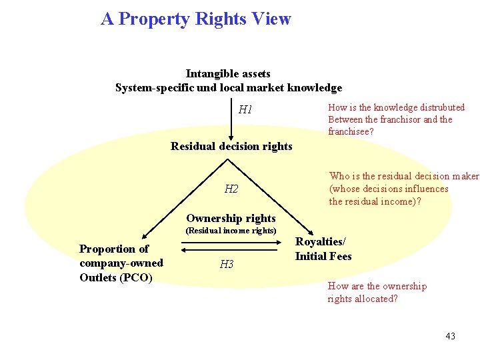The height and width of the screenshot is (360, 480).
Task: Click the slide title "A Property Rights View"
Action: pos(196,19)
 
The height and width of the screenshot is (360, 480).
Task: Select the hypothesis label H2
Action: pos(231,189)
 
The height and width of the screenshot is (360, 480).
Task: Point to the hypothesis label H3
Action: pos(227,265)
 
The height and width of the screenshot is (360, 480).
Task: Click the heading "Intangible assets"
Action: pos(228,73)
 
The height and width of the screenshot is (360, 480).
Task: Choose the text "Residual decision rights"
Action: pos(231,146)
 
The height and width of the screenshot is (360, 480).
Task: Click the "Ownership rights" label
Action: pos(231,218)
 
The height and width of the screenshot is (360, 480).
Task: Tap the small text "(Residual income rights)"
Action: pos(231,231)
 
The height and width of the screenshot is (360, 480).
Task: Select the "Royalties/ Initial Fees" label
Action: pos(323,249)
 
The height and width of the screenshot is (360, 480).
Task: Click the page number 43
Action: pos(450,336)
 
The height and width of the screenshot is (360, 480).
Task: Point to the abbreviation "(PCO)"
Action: pos(137,277)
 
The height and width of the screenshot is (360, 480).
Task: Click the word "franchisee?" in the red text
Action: pos(351,132)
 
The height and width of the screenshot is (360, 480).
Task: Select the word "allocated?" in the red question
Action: pos(376,299)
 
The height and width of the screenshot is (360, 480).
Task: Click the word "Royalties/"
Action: pos(321,242)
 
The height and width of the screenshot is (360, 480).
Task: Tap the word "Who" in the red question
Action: pos(339,177)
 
